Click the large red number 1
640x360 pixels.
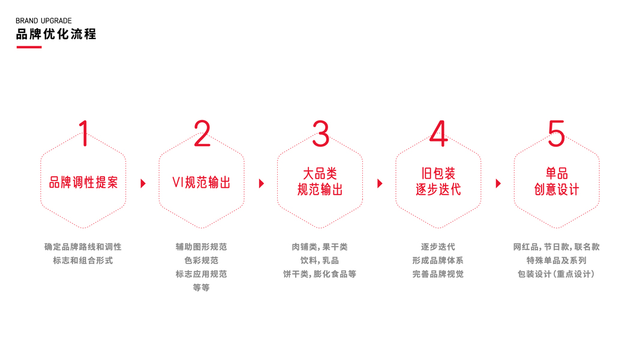tap(84, 133)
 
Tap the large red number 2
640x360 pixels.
tap(202, 133)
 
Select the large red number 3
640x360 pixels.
tap(320, 133)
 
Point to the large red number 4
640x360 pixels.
tap(438, 133)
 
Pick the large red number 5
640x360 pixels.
tap(557, 133)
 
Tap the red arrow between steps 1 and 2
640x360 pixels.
tap(143, 184)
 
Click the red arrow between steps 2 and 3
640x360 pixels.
tap(261, 184)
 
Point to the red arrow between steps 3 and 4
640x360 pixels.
tap(380, 184)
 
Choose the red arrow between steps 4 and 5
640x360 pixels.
tap(498, 184)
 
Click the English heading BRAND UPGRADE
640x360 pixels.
tap(44, 21)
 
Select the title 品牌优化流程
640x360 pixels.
tap(56, 34)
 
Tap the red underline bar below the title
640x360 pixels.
tap(29, 47)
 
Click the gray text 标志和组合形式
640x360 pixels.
tap(83, 260)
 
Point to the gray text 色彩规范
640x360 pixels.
tap(202, 260)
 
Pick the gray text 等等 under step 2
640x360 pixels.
tap(202, 288)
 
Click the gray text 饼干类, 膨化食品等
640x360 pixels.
tap(320, 274)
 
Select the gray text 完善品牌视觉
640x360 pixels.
tap(438, 274)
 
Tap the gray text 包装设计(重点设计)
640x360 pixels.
tap(556, 274)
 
